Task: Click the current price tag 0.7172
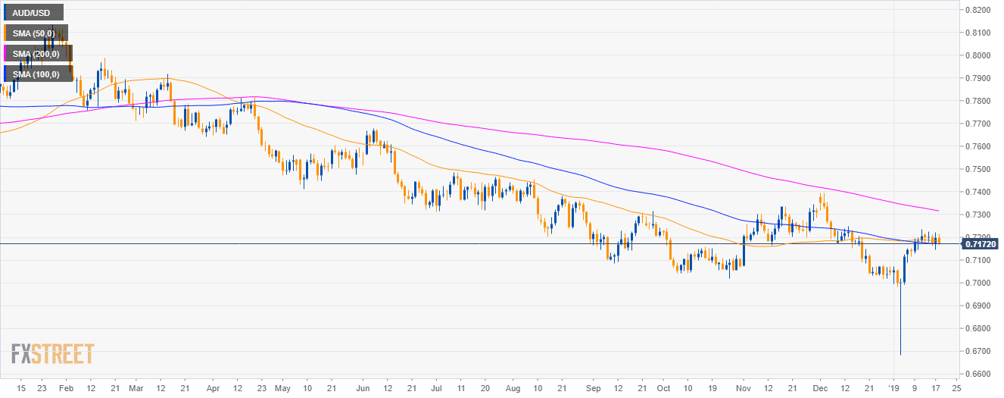pyautogui.click(x=981, y=244)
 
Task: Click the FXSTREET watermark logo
pyautogui.click(x=53, y=354)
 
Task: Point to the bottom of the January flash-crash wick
pyautogui.click(x=900, y=354)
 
